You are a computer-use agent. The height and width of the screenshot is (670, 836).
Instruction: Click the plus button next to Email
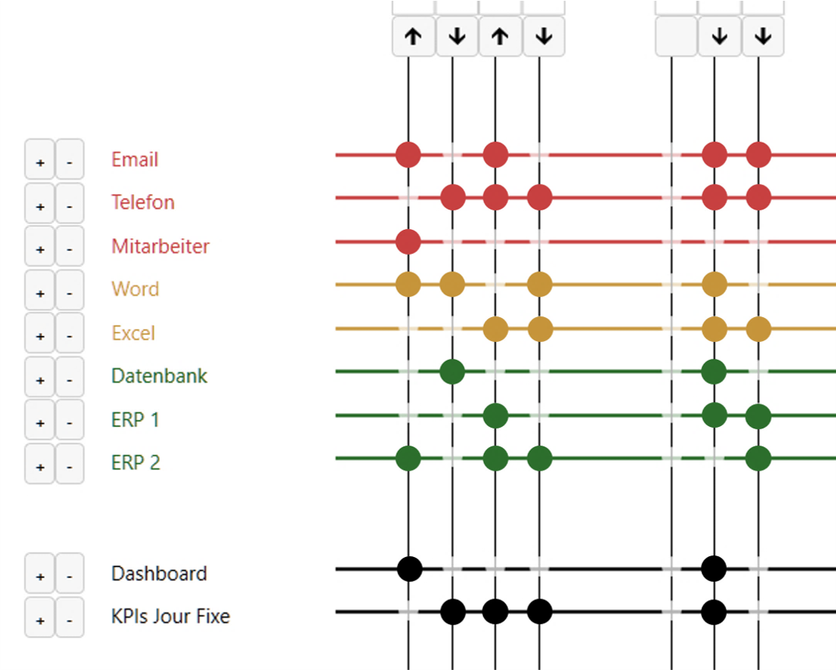point(40,160)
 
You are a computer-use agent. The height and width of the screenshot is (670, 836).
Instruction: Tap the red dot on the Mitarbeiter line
point(408,242)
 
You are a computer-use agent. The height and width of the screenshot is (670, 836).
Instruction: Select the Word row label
point(135,289)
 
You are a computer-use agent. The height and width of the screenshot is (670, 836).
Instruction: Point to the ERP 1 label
point(135,420)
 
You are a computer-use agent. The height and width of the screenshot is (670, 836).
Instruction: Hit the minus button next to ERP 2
point(69,464)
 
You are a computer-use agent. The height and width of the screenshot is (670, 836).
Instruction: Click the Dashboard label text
point(159,574)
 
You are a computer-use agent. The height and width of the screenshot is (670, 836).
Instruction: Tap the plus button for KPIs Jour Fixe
point(40,618)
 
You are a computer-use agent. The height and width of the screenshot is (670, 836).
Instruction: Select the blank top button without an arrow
point(676,37)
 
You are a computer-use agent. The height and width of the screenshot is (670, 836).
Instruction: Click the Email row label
point(134,160)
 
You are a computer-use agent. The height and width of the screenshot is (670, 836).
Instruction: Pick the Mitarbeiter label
point(160,246)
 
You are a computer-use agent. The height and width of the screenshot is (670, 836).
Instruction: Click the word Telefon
point(143,203)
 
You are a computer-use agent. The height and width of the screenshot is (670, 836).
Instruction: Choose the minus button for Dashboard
point(69,574)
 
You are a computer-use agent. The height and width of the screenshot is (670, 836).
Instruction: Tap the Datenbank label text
point(159,376)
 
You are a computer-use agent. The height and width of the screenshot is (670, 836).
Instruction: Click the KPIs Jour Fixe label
point(170,617)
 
